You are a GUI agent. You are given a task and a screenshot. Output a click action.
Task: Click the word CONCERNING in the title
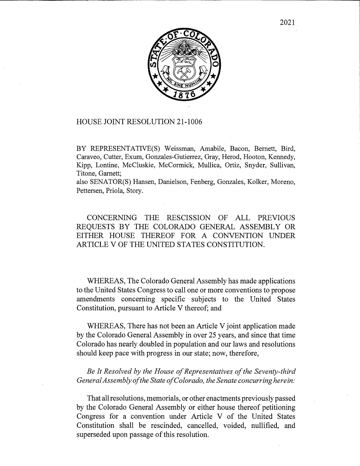point(112,218)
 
